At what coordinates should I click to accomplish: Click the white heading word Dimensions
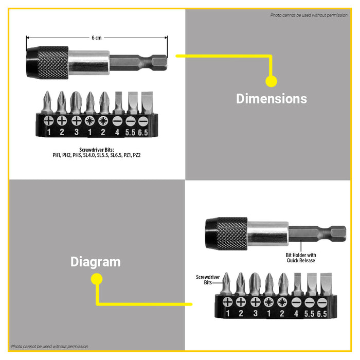pyautogui.click(x=271, y=99)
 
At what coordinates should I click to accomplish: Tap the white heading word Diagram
pyautogui.click(x=96, y=262)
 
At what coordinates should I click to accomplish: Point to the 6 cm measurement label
pyautogui.click(x=97, y=38)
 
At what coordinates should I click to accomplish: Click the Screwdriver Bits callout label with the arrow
pyautogui.click(x=208, y=280)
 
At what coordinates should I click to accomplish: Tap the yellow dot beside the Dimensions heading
pyautogui.click(x=271, y=81)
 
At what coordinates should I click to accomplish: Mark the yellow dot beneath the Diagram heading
pyautogui.click(x=96, y=279)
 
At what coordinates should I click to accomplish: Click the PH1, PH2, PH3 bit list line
pyautogui.click(x=97, y=154)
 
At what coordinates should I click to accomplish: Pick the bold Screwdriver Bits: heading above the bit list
pyautogui.click(x=97, y=149)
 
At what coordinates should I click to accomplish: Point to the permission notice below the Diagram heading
pyautogui.click(x=50, y=347)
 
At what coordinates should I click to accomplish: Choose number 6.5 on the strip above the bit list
pyautogui.click(x=142, y=132)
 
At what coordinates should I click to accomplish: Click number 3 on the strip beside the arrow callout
pyautogui.click(x=255, y=313)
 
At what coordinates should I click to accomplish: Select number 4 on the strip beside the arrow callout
pyautogui.click(x=296, y=313)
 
